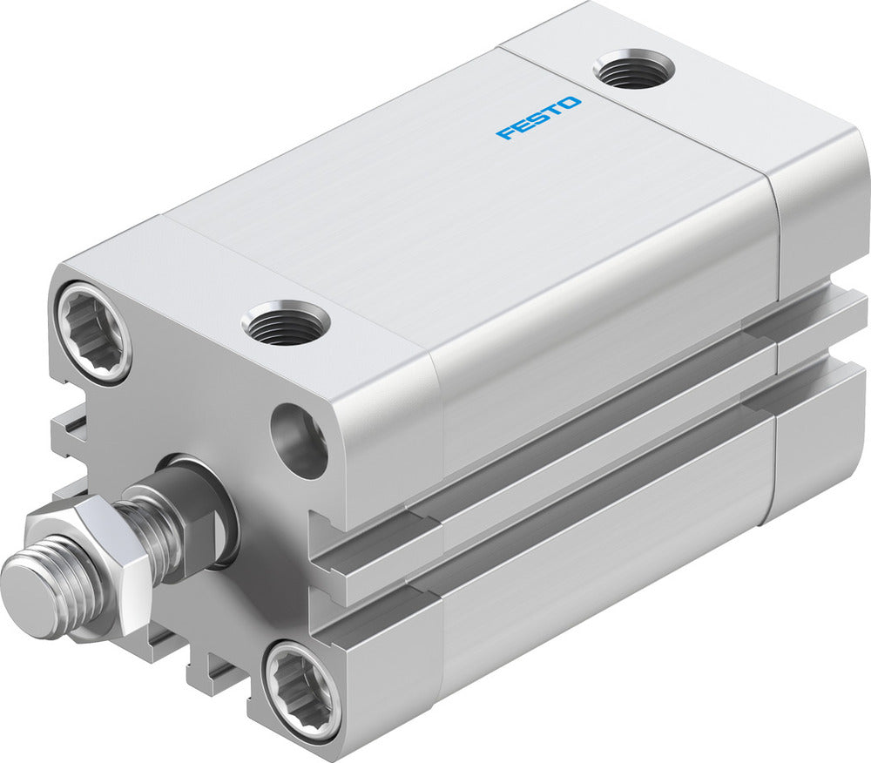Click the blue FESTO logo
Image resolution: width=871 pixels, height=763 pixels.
click(x=538, y=118)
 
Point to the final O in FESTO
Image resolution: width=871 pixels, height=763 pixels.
click(x=571, y=103)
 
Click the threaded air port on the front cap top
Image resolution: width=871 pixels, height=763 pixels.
click(x=286, y=322)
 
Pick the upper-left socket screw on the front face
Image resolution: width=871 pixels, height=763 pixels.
click(x=93, y=332)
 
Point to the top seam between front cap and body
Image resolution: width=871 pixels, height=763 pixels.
click(x=296, y=261)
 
